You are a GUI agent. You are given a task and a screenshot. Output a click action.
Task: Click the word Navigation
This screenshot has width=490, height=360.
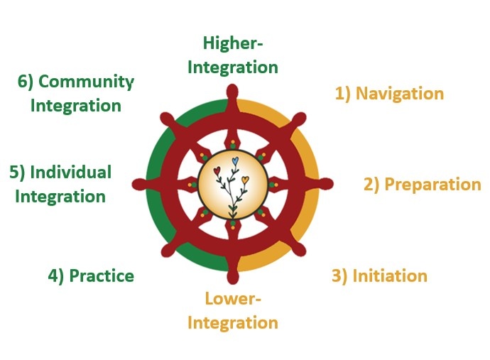400,94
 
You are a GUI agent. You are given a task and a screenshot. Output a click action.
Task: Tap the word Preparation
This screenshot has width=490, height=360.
432,185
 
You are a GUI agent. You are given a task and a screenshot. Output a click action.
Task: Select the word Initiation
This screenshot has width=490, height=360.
390,276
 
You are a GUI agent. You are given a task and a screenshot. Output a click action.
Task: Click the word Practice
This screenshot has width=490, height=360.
101,276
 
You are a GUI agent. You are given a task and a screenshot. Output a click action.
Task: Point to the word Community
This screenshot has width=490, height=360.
85,82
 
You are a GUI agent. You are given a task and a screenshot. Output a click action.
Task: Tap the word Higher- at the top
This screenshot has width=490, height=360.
232,43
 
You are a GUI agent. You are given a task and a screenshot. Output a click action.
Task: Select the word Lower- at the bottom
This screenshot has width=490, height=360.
233,299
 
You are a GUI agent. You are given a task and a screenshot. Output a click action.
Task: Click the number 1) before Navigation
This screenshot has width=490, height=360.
343,94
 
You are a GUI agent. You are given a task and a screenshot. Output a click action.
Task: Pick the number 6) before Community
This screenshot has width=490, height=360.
26,82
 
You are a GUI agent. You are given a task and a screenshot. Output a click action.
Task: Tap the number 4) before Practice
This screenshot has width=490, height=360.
56,276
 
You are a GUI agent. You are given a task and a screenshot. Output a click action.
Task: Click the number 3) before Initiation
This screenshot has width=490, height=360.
340,276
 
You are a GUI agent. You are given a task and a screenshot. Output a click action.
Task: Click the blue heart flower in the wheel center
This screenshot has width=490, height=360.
235,162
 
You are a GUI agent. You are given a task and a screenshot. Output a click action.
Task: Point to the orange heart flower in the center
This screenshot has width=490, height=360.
245,180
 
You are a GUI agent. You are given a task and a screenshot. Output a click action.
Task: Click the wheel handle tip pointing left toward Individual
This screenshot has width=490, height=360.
138,184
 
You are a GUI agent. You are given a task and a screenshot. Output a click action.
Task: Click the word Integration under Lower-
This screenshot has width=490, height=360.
232,323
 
